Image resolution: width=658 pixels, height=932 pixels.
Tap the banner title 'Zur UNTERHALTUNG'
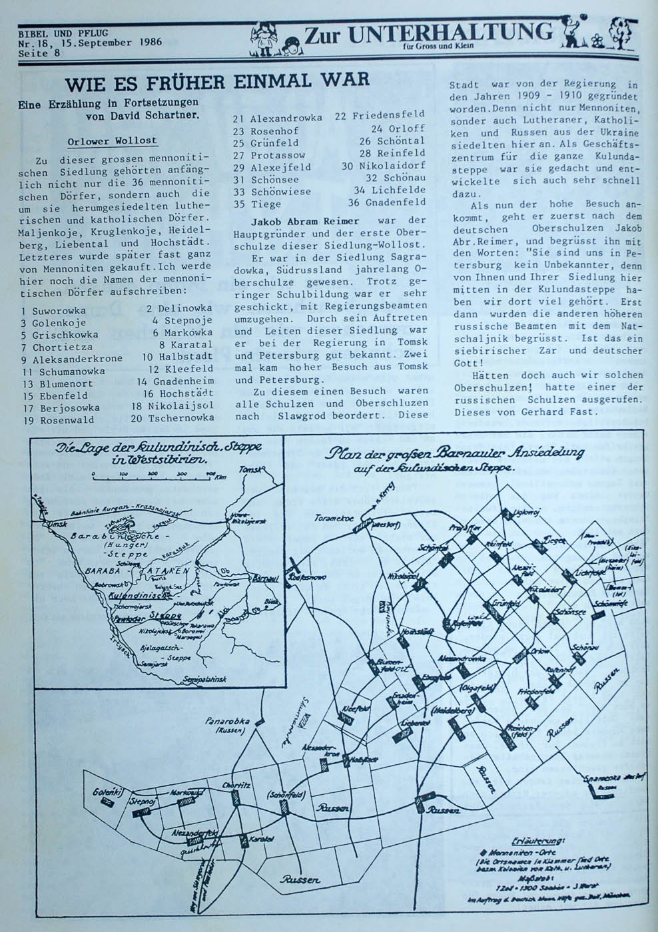[x=428, y=34]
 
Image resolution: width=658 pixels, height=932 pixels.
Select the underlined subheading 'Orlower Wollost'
[x=113, y=141]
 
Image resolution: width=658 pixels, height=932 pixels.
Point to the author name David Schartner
[x=157, y=114]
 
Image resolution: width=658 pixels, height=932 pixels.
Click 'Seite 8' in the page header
[x=39, y=54]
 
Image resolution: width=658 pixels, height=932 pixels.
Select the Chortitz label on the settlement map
[x=237, y=785]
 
